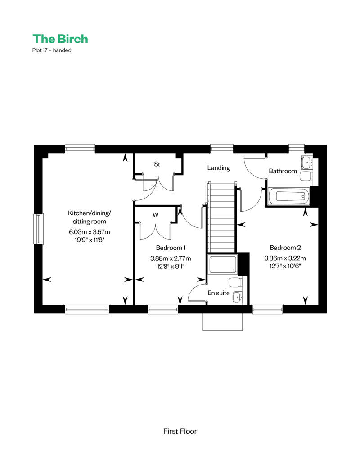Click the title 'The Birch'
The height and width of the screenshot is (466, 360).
click(60, 39)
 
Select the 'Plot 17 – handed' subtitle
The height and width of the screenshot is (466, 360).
click(52, 50)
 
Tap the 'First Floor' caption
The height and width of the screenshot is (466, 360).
click(180, 431)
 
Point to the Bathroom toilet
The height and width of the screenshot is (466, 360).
click(306, 176)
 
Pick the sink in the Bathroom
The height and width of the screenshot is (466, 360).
click(307, 162)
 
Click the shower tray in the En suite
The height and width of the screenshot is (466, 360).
click(223, 264)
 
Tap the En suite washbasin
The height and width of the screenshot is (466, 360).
click(237, 297)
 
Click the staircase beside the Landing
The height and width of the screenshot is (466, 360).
click(221, 217)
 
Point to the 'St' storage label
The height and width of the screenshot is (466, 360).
click(157, 164)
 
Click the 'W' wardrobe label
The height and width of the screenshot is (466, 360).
click(156, 215)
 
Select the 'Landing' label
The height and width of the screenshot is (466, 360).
click(219, 168)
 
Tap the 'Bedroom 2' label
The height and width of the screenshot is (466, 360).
click(285, 248)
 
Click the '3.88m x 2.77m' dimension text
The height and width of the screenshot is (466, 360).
click(171, 258)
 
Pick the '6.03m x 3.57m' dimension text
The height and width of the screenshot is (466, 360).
click(90, 232)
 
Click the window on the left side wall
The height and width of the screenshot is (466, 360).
click(38, 229)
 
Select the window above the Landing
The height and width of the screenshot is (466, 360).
click(221, 149)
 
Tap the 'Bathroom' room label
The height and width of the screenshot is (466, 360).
click(283, 171)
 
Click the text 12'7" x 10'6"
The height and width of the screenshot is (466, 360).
click(285, 266)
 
